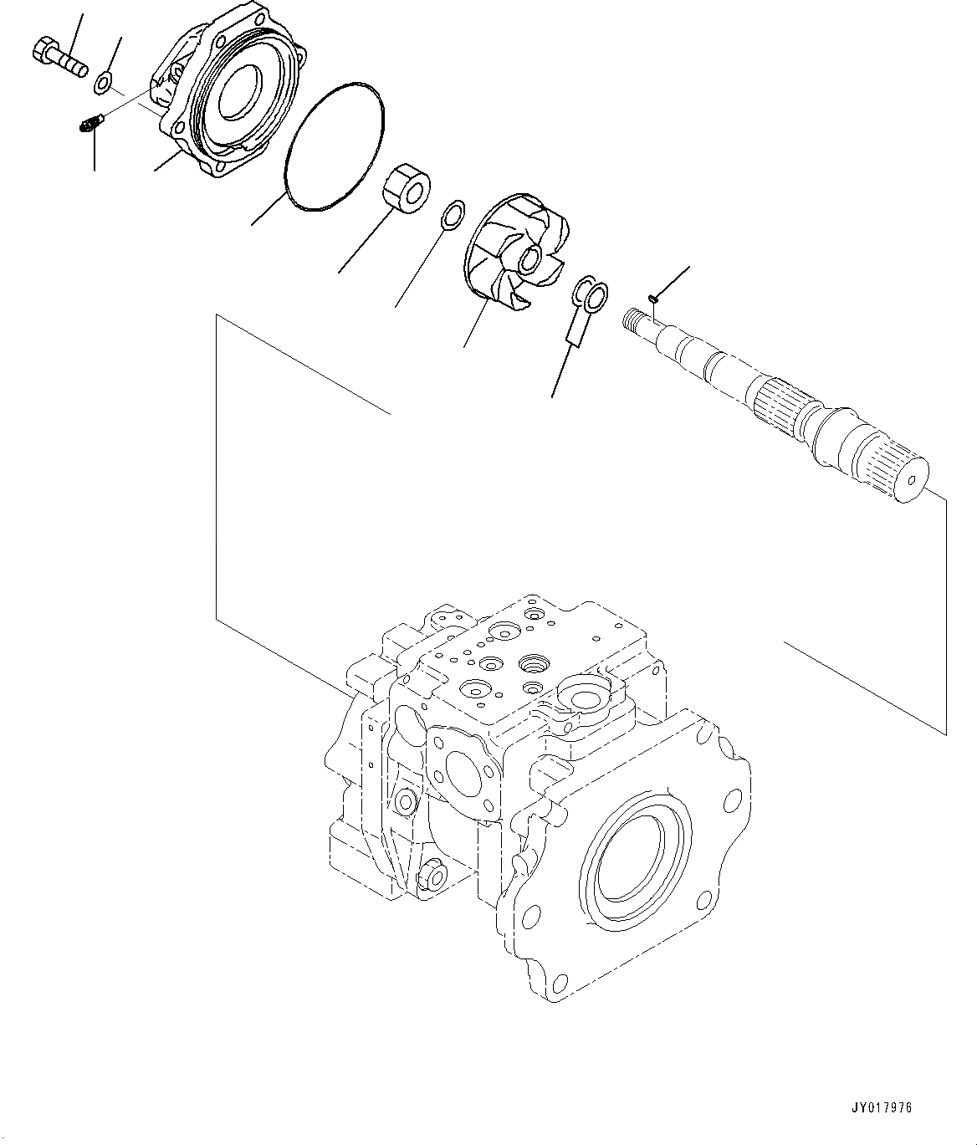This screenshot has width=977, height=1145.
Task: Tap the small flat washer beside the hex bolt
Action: pos(105,81)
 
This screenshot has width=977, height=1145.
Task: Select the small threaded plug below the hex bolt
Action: pos(90,125)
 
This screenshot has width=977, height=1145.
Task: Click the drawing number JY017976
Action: pos(881,1108)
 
